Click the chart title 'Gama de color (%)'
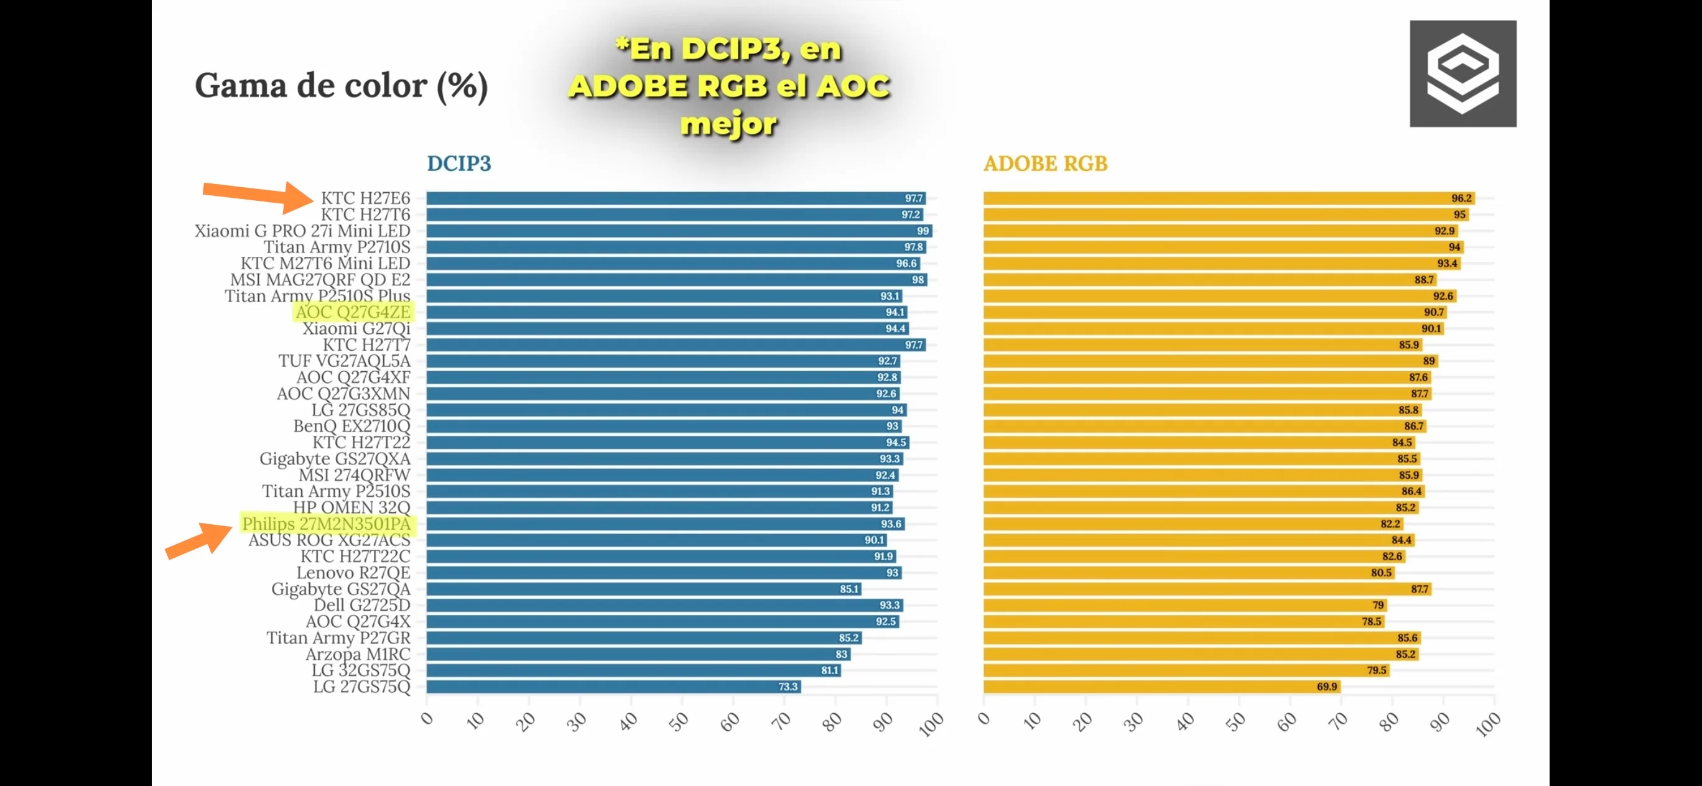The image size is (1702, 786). tap(341, 86)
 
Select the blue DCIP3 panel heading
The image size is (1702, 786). tap(458, 163)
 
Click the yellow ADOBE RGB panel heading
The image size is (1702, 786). tap(1044, 163)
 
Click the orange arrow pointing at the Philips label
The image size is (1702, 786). tap(198, 540)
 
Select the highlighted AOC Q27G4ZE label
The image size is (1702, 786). tap(353, 312)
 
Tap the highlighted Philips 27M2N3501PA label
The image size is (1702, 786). tap(327, 524)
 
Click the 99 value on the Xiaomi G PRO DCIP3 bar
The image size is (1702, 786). tap(923, 231)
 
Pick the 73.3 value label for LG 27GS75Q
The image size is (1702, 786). tap(788, 687)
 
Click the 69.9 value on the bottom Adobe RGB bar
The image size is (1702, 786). tap(1326, 687)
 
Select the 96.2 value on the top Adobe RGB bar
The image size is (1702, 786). tap(1461, 198)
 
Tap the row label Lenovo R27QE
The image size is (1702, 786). tap(353, 573)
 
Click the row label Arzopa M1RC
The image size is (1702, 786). tap(358, 654)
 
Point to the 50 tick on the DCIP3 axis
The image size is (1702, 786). tap(679, 722)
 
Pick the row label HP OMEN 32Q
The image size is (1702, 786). tap(351, 507)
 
